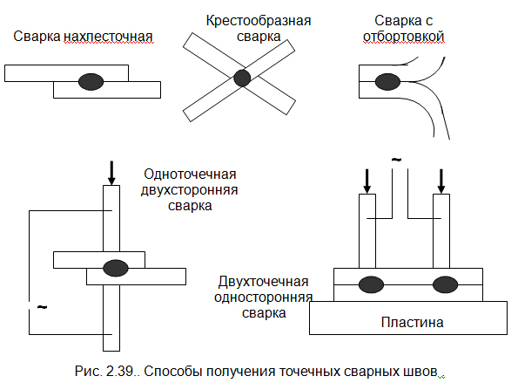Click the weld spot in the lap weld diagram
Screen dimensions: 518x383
91,81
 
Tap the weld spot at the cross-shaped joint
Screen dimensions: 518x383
242,79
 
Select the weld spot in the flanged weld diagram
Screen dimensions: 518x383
387,82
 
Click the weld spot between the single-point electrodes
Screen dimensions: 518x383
116,268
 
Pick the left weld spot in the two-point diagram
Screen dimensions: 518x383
371,284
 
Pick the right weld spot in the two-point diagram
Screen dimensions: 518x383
446,284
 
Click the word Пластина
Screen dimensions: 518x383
413,322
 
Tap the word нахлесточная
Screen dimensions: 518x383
108,37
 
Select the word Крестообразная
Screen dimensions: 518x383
259,21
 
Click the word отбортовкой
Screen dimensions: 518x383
404,37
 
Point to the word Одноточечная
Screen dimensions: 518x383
190,174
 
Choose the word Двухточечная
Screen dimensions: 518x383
263,282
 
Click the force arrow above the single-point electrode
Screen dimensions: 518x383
111,173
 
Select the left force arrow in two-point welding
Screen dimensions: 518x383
367,181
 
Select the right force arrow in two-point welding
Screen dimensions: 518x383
441,181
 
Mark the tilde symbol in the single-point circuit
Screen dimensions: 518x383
42,307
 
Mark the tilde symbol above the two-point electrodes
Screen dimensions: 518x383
396,160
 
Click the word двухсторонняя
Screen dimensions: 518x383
189,190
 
